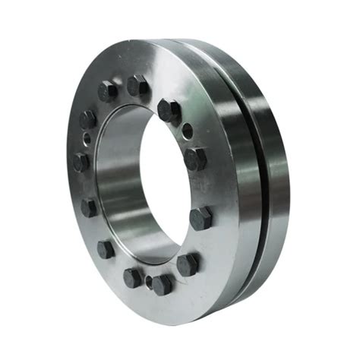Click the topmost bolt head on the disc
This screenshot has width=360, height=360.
[x=137, y=85]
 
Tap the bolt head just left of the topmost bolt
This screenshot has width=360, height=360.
[x=108, y=91]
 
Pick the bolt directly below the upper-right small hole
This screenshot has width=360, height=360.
[x=195, y=158]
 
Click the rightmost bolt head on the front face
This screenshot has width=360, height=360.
[x=201, y=218]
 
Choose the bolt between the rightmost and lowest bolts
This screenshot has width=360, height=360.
[x=188, y=264]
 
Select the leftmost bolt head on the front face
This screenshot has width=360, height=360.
[x=81, y=162]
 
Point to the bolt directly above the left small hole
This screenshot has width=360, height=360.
[x=87, y=119]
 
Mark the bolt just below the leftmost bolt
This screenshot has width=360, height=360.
[x=90, y=207]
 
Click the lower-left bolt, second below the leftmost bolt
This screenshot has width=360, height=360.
[x=106, y=248]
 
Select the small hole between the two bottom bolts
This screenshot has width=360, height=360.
[x=148, y=281]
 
